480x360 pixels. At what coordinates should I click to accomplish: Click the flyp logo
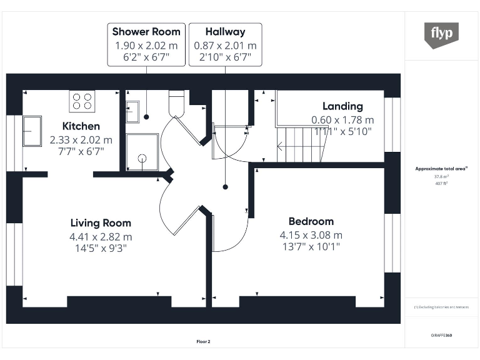point(442,35)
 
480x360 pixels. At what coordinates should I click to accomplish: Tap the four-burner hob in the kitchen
point(81,101)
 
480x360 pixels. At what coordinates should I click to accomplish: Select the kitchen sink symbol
point(32,131)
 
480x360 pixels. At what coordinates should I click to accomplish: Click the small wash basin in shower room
point(132,112)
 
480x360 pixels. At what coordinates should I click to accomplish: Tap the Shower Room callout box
point(146,44)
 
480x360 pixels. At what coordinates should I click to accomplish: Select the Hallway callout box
point(225,44)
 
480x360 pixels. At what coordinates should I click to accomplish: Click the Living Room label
point(101,223)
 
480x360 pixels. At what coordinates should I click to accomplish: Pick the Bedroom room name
point(311,221)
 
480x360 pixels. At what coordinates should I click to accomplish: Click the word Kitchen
point(81,126)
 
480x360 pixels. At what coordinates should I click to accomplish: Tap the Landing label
point(342,106)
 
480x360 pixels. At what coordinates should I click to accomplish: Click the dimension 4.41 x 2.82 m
point(101,237)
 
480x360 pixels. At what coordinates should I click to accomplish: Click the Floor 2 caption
point(203,341)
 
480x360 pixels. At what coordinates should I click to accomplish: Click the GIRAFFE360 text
point(441,336)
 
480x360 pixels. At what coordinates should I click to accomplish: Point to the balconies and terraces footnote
point(441,307)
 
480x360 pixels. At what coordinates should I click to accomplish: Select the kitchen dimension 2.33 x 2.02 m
point(81,140)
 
